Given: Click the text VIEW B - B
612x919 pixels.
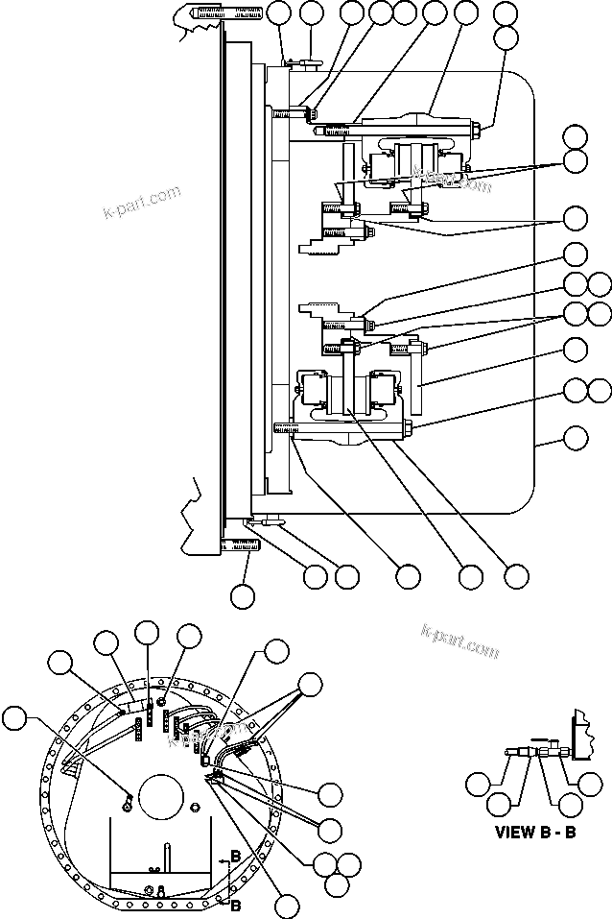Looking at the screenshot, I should (x=535, y=832).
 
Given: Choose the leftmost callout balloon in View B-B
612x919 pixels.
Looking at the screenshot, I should (x=478, y=783).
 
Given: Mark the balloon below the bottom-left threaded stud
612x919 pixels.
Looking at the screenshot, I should (x=243, y=594).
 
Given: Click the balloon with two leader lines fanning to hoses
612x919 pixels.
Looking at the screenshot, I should (x=311, y=685).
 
